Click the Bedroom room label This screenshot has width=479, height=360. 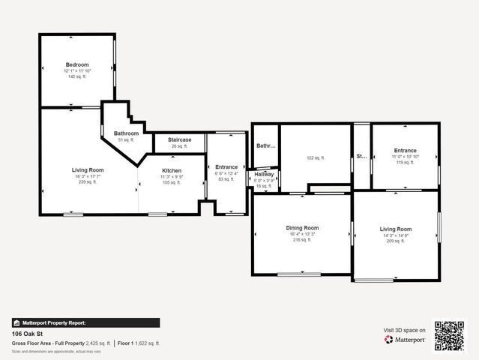[x=77, y=64]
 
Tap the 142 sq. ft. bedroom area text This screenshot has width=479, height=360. [x=77, y=76]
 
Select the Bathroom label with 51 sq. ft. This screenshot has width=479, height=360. [x=126, y=133]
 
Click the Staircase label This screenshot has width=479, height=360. [x=179, y=139]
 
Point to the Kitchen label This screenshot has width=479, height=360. [x=172, y=170]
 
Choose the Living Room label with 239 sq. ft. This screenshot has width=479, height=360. [x=88, y=170]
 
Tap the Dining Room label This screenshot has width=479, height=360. [x=302, y=228]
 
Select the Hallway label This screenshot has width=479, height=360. [x=264, y=175]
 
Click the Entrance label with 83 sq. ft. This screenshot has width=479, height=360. [x=226, y=167]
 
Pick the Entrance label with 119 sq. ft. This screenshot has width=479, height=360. [x=405, y=151]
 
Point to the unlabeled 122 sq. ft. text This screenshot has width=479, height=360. [x=315, y=158]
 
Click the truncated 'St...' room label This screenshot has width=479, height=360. [x=361, y=157]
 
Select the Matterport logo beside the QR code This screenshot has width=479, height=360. [x=405, y=340]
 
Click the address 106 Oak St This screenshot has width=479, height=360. [x=26, y=334]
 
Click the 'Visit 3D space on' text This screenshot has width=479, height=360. [x=405, y=330]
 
